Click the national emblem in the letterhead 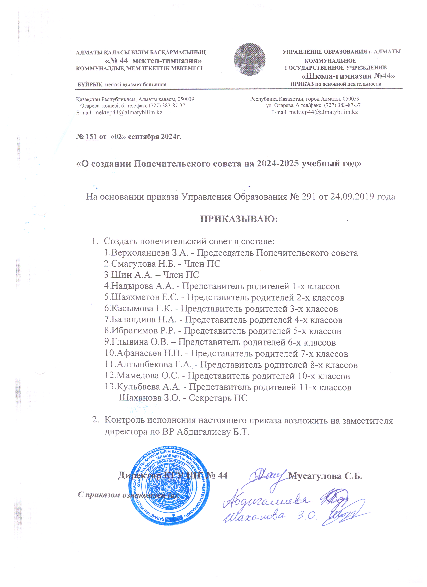point(249,59)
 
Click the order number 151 point(91,137)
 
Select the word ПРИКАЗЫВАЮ point(239,219)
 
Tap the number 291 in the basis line point(308,197)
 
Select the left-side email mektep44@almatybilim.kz point(128,112)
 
